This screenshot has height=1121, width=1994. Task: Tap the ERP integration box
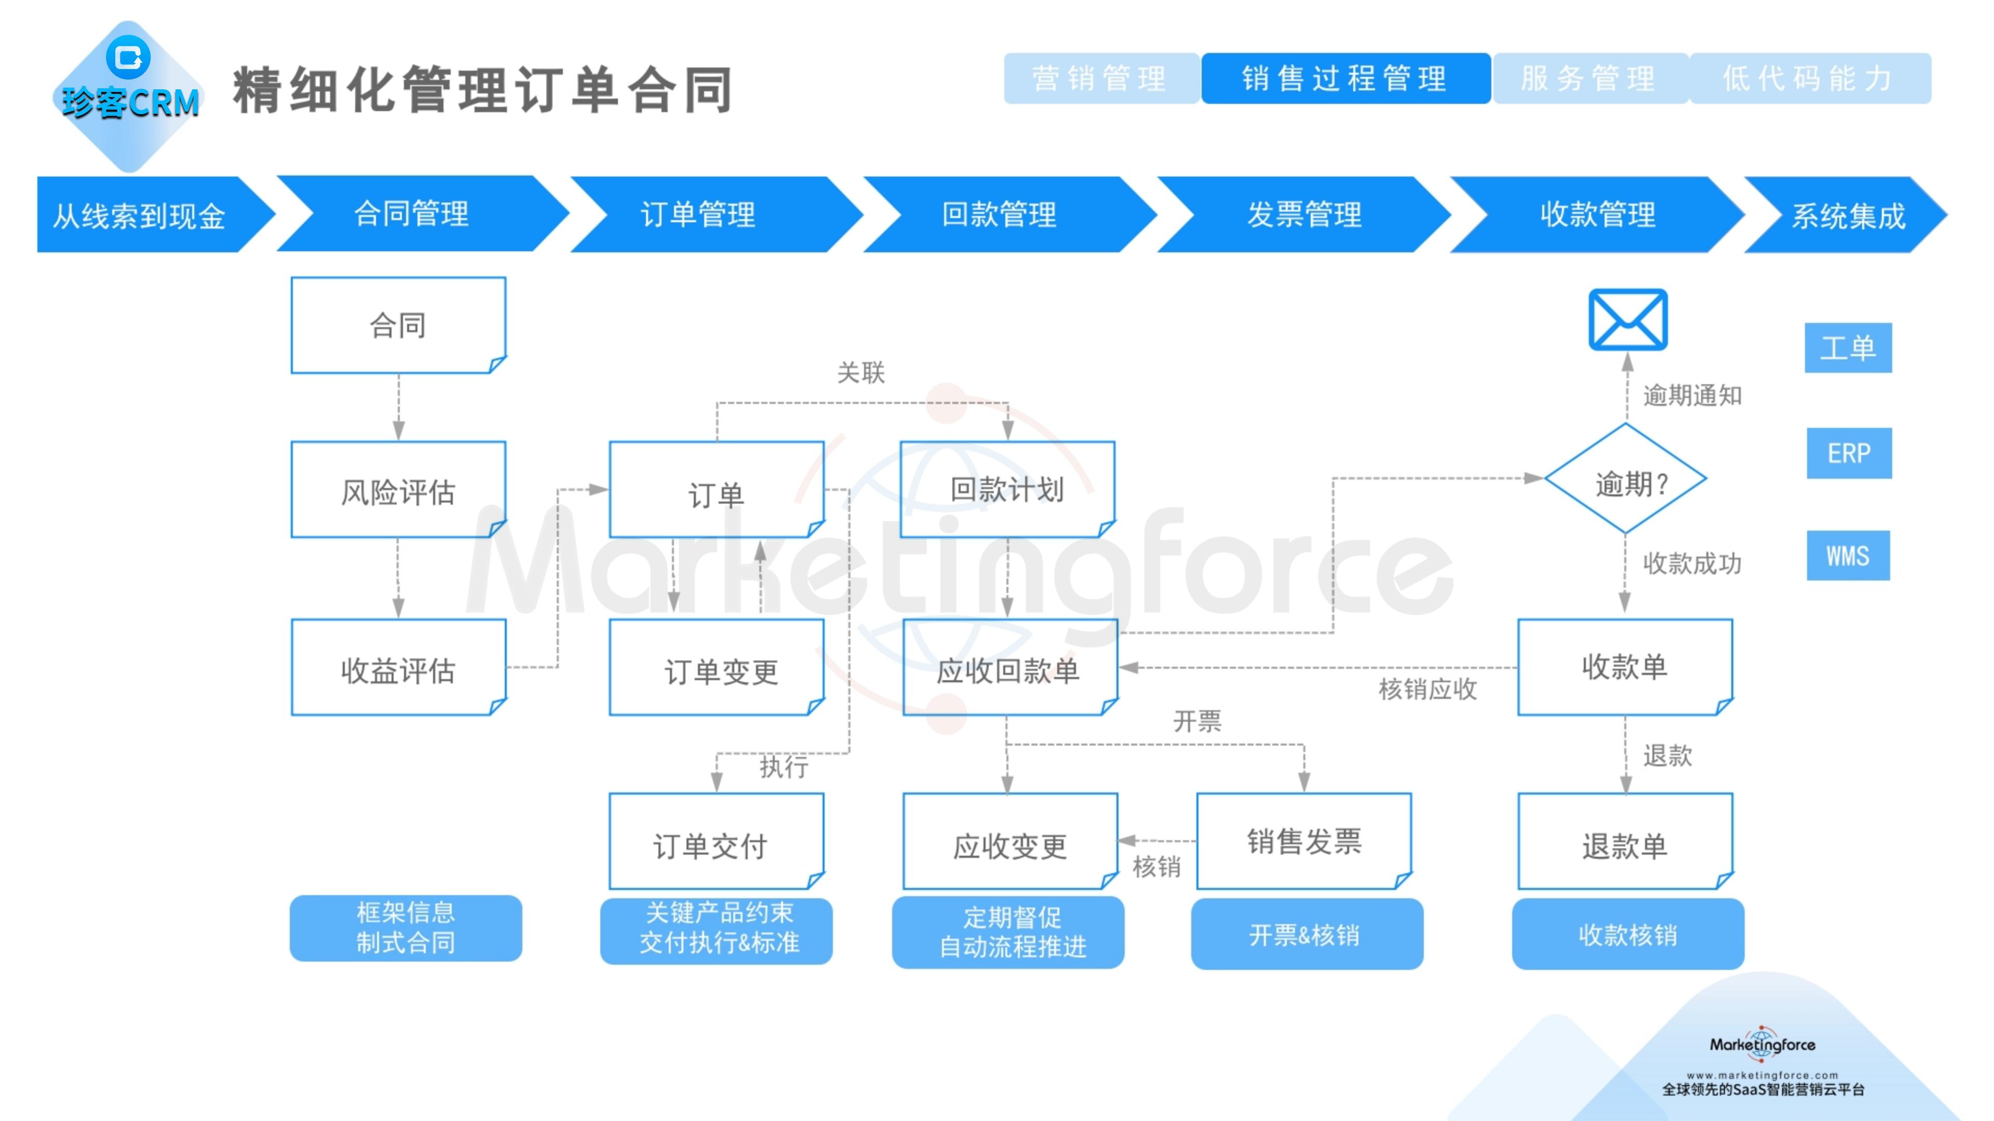pos(1849,453)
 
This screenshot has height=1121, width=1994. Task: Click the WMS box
pos(1848,556)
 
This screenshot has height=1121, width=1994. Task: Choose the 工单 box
pos(1848,347)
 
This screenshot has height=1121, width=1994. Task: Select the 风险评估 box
pos(398,490)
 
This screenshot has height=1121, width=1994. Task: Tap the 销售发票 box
pos(1303,842)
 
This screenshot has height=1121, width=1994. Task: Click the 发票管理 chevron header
pos(1303,214)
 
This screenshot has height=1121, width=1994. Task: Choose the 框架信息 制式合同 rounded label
pos(406,927)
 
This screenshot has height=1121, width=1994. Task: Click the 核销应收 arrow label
pos(1427,689)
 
